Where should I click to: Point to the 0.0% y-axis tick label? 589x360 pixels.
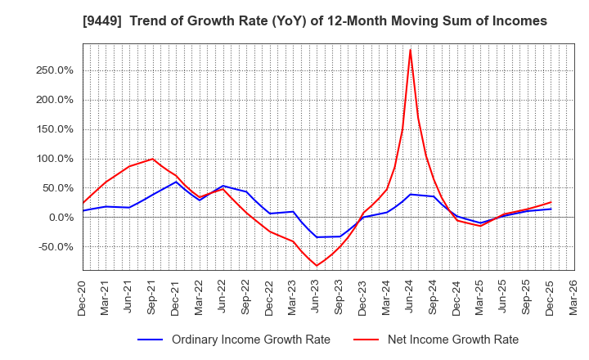click(x=61, y=218)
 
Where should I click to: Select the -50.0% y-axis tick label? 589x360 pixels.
click(x=56, y=247)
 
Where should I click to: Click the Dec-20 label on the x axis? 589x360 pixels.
click(x=83, y=299)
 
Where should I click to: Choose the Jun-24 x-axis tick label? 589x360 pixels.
click(x=411, y=299)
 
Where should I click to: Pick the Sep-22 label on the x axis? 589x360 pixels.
click(x=246, y=299)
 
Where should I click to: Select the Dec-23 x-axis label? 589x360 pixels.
click(x=364, y=299)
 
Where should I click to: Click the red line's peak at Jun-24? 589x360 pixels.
click(x=410, y=50)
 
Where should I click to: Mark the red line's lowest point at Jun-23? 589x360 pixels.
click(x=317, y=265)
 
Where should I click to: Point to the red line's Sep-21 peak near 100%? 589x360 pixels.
click(x=152, y=159)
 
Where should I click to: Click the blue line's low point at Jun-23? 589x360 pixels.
click(x=317, y=237)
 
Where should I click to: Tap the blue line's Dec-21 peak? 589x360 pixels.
click(x=176, y=182)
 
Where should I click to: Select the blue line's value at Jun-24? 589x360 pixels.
click(x=410, y=194)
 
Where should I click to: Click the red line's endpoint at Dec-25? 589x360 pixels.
click(x=551, y=202)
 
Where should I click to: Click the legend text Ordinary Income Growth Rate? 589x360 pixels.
click(x=251, y=340)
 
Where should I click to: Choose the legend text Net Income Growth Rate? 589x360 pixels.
click(x=452, y=340)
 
